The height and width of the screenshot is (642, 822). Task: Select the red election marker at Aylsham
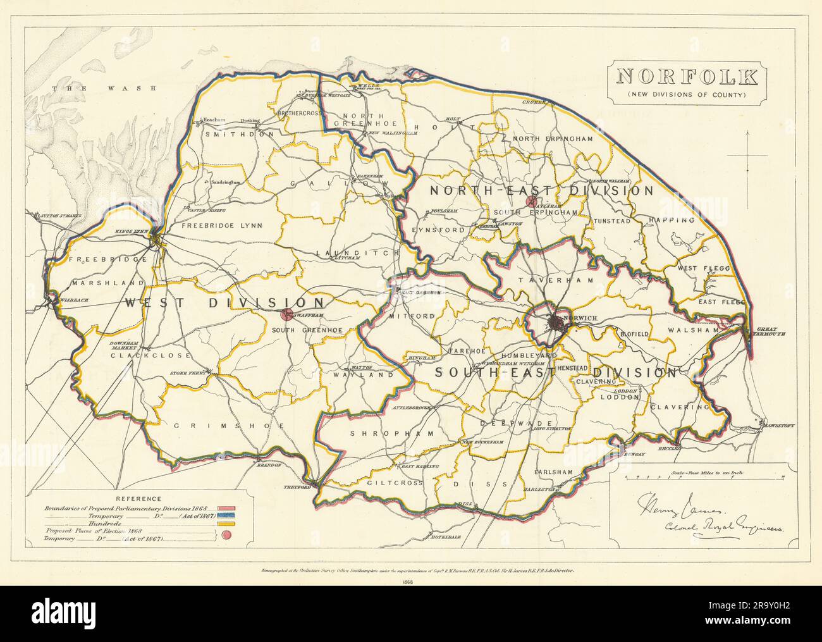530,202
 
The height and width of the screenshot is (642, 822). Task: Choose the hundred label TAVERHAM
541,279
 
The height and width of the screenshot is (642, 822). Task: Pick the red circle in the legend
226,535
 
